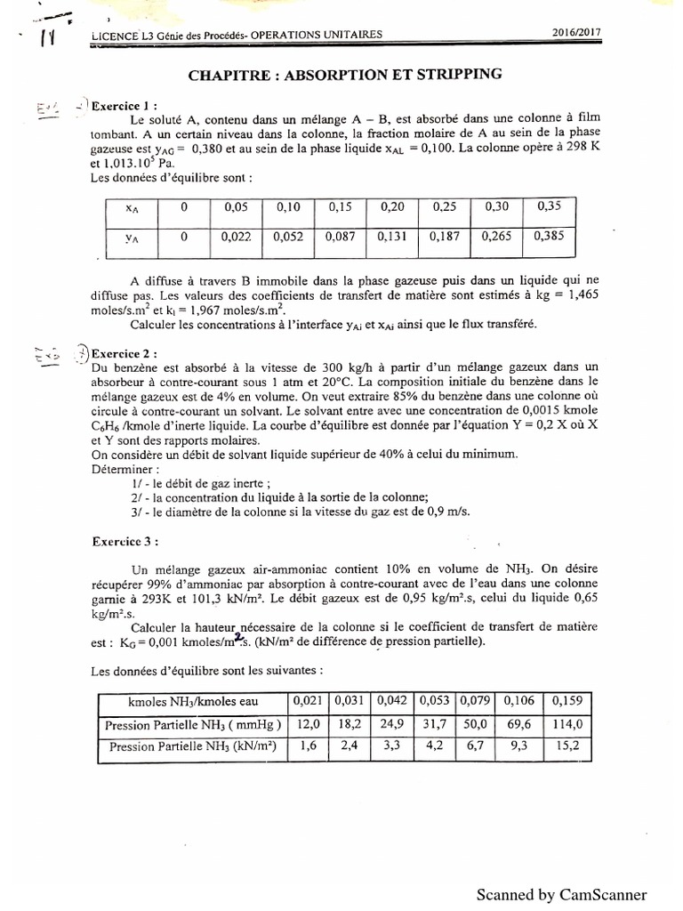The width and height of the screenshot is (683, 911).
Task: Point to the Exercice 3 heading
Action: click(126, 540)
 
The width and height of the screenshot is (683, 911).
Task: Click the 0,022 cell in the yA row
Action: click(237, 238)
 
